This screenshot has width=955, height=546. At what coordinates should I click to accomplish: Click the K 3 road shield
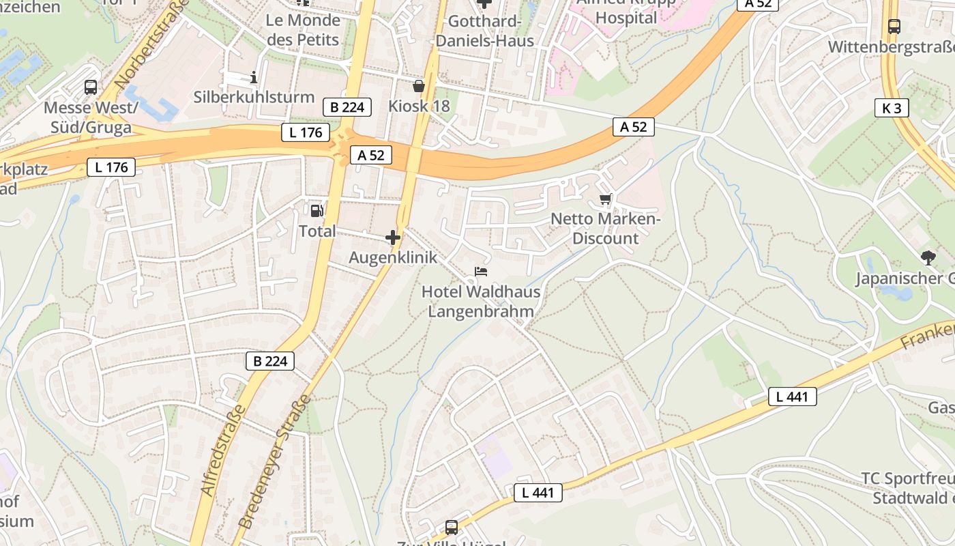[892, 108]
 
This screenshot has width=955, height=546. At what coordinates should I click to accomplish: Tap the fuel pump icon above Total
[317, 211]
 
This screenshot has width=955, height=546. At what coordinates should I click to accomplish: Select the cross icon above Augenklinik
[393, 238]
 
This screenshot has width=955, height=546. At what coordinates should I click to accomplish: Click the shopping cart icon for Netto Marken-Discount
[605, 199]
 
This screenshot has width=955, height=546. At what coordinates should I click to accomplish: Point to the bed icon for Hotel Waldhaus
[481, 272]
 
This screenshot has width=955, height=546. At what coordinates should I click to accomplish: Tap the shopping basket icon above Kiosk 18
[419, 86]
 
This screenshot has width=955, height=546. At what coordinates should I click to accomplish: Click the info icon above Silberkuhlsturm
[254, 77]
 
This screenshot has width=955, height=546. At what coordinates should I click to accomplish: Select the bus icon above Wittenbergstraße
[894, 27]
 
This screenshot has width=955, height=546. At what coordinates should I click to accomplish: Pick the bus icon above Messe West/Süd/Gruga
[91, 87]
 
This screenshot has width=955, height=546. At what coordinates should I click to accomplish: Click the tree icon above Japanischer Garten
[928, 257]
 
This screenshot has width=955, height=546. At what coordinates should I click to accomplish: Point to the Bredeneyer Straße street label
[274, 461]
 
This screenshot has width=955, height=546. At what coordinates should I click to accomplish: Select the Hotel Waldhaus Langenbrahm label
[480, 302]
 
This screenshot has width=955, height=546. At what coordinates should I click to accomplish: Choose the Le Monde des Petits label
[303, 29]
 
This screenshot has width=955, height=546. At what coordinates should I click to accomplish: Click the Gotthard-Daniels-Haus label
[484, 31]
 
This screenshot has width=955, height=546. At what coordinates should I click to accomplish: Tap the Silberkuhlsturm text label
[254, 97]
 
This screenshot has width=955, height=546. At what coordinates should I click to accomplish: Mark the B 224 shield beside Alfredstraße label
[270, 361]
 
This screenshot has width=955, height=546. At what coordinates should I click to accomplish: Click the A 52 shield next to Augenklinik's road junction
[371, 155]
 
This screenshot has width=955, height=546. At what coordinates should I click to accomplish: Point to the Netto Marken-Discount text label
[606, 229]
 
